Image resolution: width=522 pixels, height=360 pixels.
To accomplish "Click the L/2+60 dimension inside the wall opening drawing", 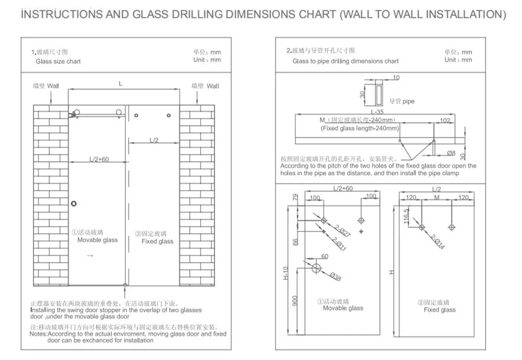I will [99, 159].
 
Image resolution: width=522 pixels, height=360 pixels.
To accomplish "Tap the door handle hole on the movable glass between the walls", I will [74, 204].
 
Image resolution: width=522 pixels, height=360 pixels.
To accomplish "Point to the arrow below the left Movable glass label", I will [90, 256].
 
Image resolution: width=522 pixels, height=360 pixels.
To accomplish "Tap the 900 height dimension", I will [295, 302].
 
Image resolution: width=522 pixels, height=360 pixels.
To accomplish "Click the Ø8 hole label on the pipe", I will [451, 153].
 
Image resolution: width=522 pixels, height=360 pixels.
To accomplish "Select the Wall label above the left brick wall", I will [53, 86].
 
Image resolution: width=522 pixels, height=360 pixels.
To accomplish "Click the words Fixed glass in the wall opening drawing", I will [157, 241].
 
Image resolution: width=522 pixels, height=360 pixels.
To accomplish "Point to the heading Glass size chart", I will [58, 61].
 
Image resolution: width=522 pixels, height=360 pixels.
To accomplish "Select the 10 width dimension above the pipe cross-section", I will [396, 77].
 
